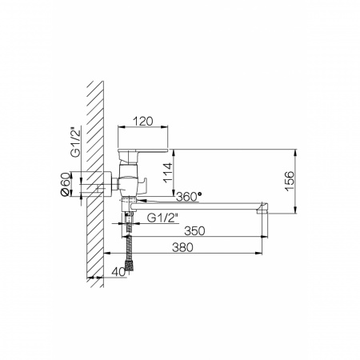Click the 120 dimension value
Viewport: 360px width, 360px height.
[143, 122]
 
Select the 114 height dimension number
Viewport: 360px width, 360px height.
[168, 173]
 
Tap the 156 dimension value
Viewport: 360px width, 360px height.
[290, 181]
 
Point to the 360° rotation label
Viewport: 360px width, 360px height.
[189, 197]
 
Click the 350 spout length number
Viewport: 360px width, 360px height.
[194, 231]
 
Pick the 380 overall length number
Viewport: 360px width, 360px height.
[182, 247]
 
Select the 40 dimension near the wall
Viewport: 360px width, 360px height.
[118, 272]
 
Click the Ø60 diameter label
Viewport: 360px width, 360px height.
[66, 184]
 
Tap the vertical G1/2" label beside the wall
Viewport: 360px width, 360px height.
[75, 143]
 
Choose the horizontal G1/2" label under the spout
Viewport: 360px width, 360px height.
[162, 218]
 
